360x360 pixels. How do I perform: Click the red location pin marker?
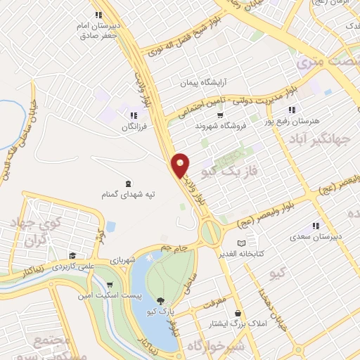pyautogui.click(x=181, y=165)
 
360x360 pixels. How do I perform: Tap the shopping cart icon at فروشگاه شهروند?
pyautogui.click(x=220, y=115)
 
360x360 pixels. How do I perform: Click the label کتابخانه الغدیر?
pyautogui.click(x=242, y=254)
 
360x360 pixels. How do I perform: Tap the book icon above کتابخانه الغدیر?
pyautogui.click(x=242, y=243)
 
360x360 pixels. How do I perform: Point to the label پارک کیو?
pyautogui.click(x=164, y=310)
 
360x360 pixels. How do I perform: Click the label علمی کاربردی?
pyautogui.click(x=71, y=268)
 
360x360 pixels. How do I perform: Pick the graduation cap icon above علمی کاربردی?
pyautogui.click(x=72, y=256)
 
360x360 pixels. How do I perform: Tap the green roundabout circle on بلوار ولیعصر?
pyautogui.click(x=209, y=231)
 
